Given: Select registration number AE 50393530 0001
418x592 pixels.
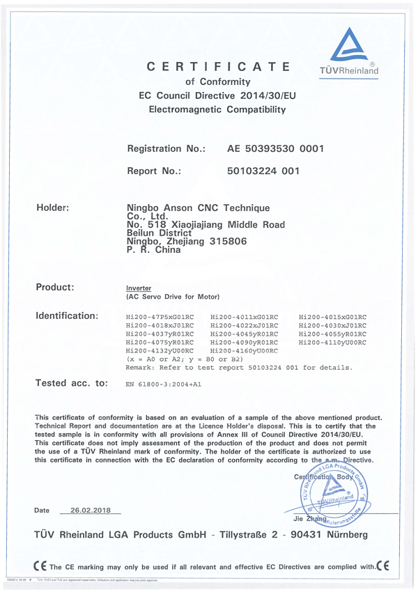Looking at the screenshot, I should click(x=275, y=148).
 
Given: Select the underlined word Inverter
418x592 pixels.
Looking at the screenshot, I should click(x=137, y=288).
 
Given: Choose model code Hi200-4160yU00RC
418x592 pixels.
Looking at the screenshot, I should click(x=244, y=351).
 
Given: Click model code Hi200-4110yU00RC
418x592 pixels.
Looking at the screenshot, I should click(x=332, y=343).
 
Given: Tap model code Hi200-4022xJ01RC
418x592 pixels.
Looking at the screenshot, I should click(x=244, y=325).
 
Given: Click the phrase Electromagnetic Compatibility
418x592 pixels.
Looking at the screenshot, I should click(x=218, y=109).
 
